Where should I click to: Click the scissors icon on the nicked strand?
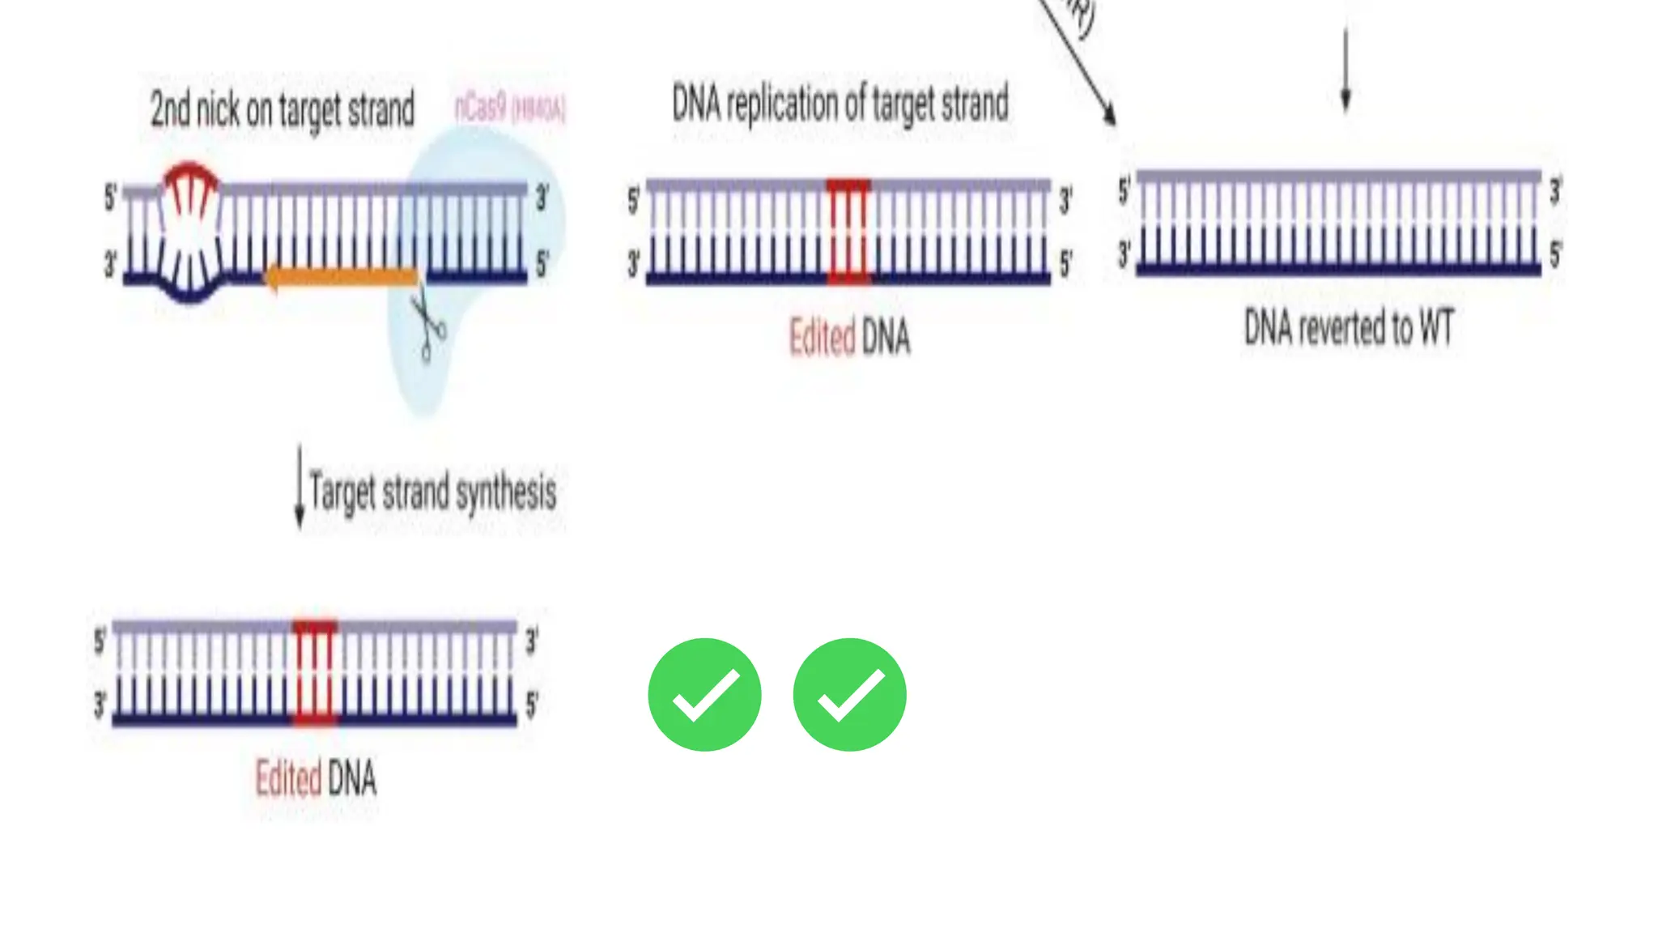click(427, 327)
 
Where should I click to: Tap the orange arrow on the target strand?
click(342, 278)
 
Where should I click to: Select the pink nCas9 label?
click(509, 108)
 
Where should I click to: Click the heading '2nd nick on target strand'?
click(283, 109)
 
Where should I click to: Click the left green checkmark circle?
click(704, 695)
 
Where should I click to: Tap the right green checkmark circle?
click(849, 695)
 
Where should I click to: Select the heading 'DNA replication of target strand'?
click(840, 104)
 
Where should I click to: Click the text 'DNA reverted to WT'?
click(1349, 328)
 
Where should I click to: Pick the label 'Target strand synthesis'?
click(433, 492)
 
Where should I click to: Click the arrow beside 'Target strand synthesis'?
click(300, 486)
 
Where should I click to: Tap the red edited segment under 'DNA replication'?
click(848, 232)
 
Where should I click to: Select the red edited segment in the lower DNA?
click(314, 672)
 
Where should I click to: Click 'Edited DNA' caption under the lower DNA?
click(316, 778)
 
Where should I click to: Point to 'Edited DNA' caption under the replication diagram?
click(849, 337)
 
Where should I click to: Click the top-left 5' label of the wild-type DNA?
click(1124, 191)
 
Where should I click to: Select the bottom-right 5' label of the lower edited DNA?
click(532, 705)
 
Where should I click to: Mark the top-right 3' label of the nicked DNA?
click(542, 198)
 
